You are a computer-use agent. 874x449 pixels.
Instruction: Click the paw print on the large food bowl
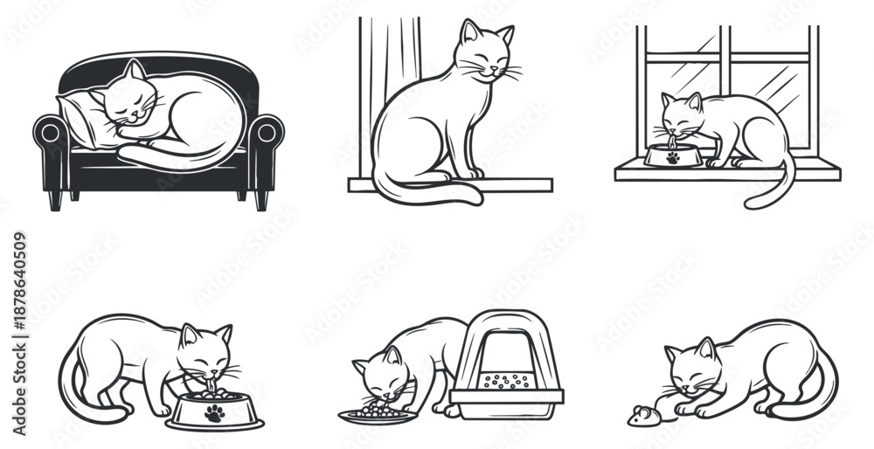[x=213, y=413]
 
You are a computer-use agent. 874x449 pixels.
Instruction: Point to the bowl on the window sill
[x=670, y=157]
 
